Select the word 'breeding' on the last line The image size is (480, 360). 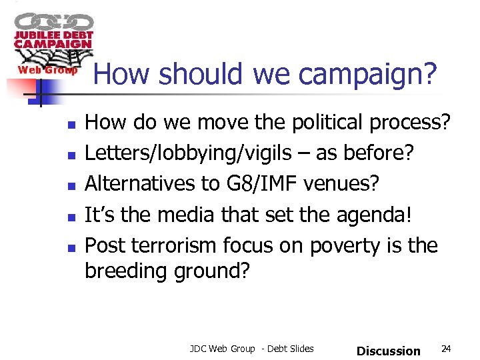point(127,272)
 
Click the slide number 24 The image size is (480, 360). point(447,349)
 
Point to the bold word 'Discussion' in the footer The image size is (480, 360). point(389,351)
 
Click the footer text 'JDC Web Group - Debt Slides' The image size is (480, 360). point(251,349)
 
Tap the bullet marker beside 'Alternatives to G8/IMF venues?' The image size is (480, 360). point(71,185)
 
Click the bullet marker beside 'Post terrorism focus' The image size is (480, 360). point(71,247)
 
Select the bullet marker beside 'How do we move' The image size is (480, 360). point(71,124)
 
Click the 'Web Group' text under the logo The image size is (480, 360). point(47,70)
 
